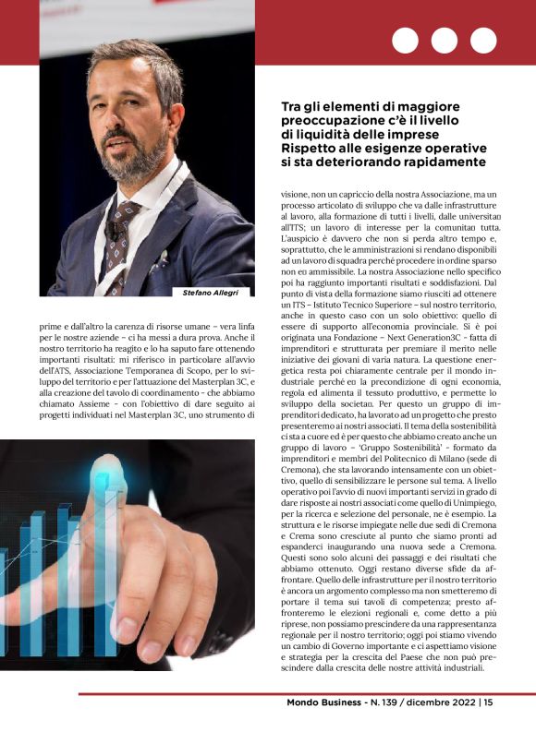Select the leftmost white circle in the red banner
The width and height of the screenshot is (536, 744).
(x=405, y=41)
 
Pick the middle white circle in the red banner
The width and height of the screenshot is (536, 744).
(x=445, y=41)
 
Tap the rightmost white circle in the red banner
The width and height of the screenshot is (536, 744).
(x=483, y=41)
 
